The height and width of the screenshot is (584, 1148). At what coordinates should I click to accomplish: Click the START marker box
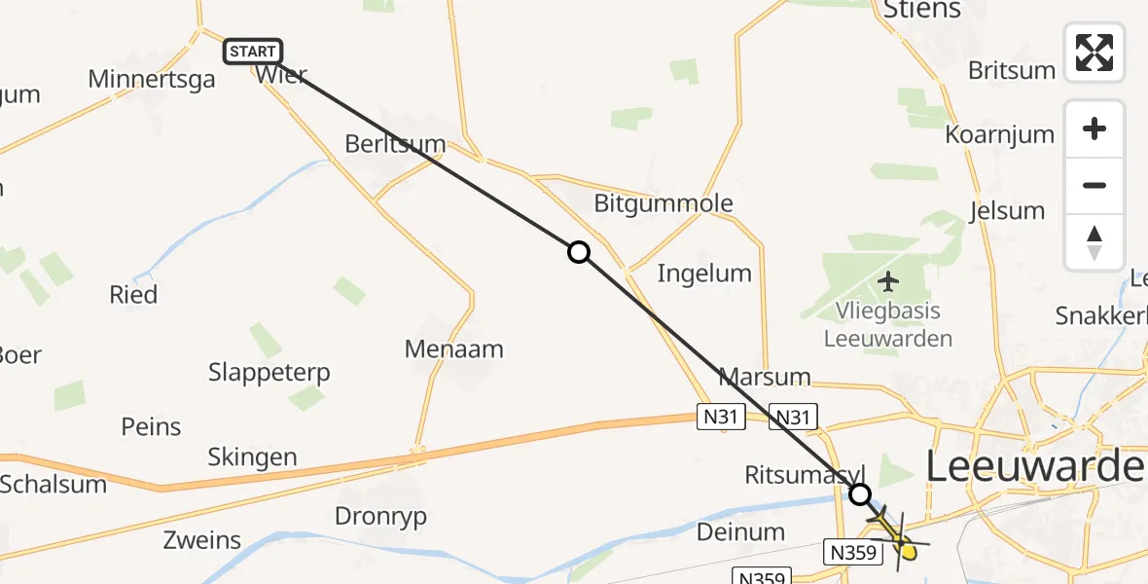pyautogui.click(x=253, y=52)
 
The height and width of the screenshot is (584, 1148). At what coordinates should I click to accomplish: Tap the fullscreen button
pyautogui.click(x=1094, y=53)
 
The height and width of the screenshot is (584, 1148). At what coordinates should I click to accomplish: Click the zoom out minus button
pyautogui.click(x=1094, y=185)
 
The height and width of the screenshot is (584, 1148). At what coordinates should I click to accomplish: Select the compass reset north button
pyautogui.click(x=1094, y=242)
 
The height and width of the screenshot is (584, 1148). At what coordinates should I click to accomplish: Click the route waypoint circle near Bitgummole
pyautogui.click(x=579, y=253)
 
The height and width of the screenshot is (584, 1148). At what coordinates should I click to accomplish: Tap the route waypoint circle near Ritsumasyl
pyautogui.click(x=860, y=494)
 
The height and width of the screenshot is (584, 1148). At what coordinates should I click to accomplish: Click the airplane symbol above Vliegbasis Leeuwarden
pyautogui.click(x=887, y=282)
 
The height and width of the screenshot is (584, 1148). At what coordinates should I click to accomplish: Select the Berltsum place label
pyautogui.click(x=395, y=145)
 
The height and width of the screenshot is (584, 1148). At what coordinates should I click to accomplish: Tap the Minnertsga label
pyautogui.click(x=151, y=79)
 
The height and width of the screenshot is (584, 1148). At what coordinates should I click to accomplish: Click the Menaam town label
pyautogui.click(x=455, y=348)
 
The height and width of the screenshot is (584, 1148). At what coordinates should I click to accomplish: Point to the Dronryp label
pyautogui.click(x=380, y=516)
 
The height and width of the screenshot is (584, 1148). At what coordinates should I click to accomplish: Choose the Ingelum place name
pyautogui.click(x=704, y=274)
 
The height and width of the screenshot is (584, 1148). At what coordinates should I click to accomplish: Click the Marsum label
pyautogui.click(x=765, y=377)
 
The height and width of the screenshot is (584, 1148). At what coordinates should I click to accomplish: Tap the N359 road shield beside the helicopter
pyautogui.click(x=853, y=552)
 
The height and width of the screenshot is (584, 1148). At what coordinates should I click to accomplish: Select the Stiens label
pyautogui.click(x=921, y=11)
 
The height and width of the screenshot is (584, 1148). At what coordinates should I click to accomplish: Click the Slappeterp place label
pyautogui.click(x=269, y=372)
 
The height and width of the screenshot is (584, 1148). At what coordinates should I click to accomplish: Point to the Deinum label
pyautogui.click(x=741, y=531)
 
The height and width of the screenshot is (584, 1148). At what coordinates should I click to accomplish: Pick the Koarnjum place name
pyautogui.click(x=1000, y=135)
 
